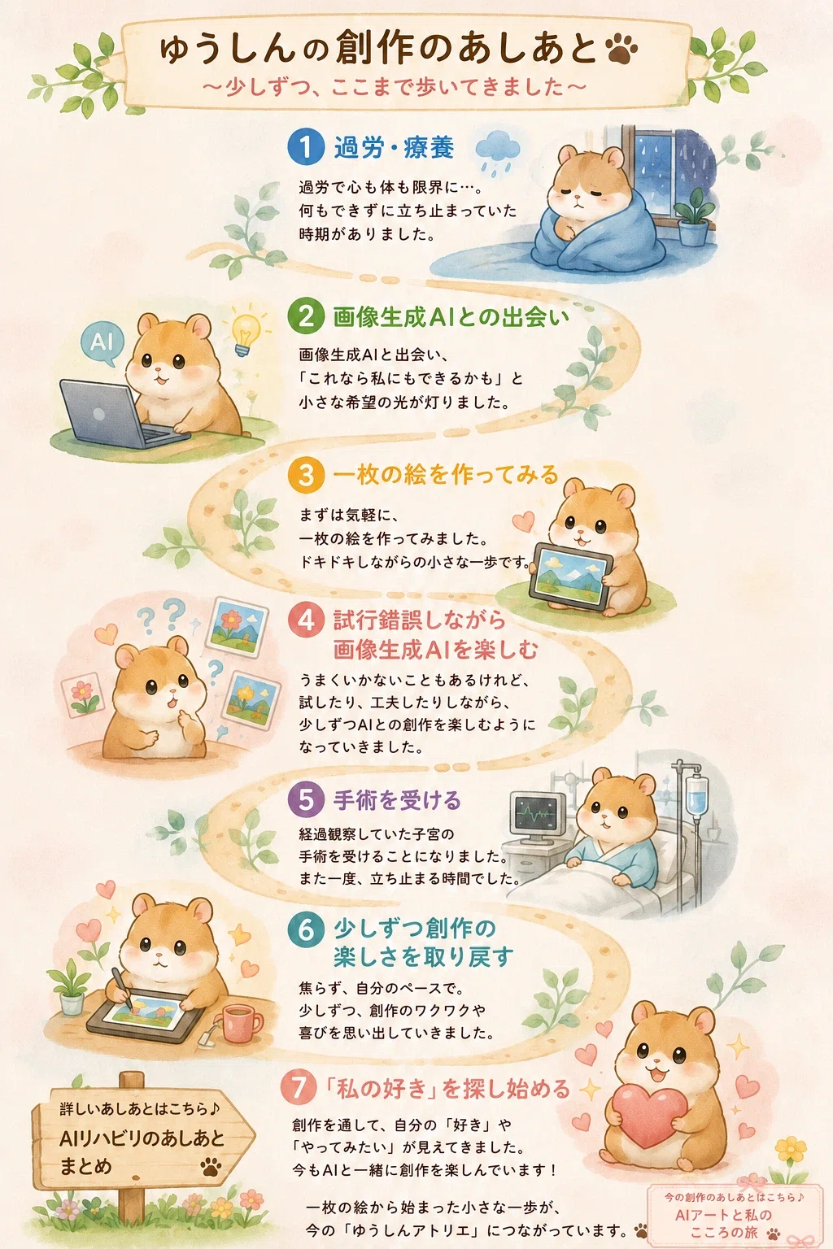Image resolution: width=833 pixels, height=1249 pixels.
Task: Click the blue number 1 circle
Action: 306,146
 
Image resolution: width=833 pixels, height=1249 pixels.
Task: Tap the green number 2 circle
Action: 306,316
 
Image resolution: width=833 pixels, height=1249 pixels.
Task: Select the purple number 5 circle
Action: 306,799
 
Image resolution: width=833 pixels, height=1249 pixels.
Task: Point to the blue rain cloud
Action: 498,152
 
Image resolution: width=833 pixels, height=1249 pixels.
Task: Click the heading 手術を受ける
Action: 397,800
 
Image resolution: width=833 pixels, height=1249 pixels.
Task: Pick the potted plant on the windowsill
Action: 694,217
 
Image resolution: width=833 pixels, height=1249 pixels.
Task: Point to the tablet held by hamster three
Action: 570,576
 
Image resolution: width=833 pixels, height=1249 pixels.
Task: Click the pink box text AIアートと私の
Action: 724,1214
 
